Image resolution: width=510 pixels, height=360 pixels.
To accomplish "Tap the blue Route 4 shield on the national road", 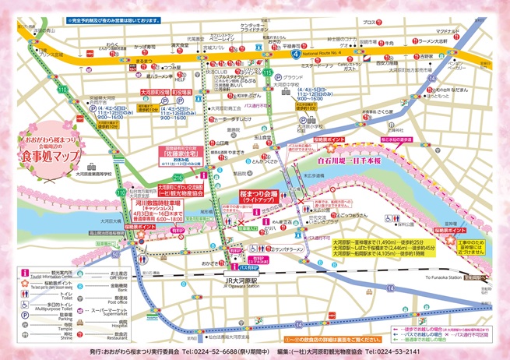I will (x=295, y=55).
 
